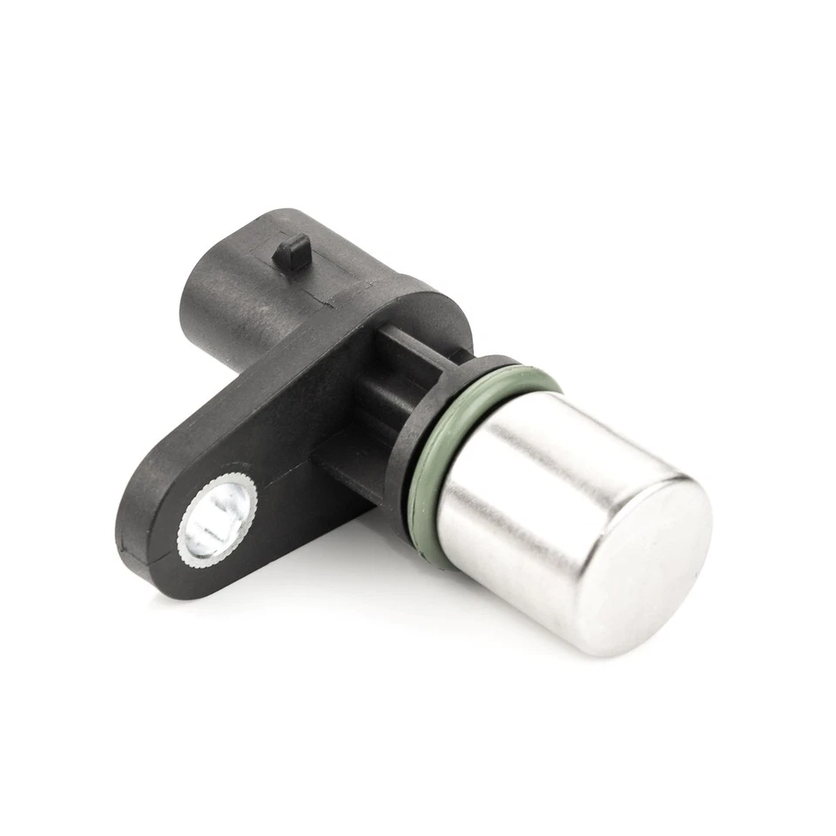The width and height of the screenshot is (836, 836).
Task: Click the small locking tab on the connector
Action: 291,253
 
